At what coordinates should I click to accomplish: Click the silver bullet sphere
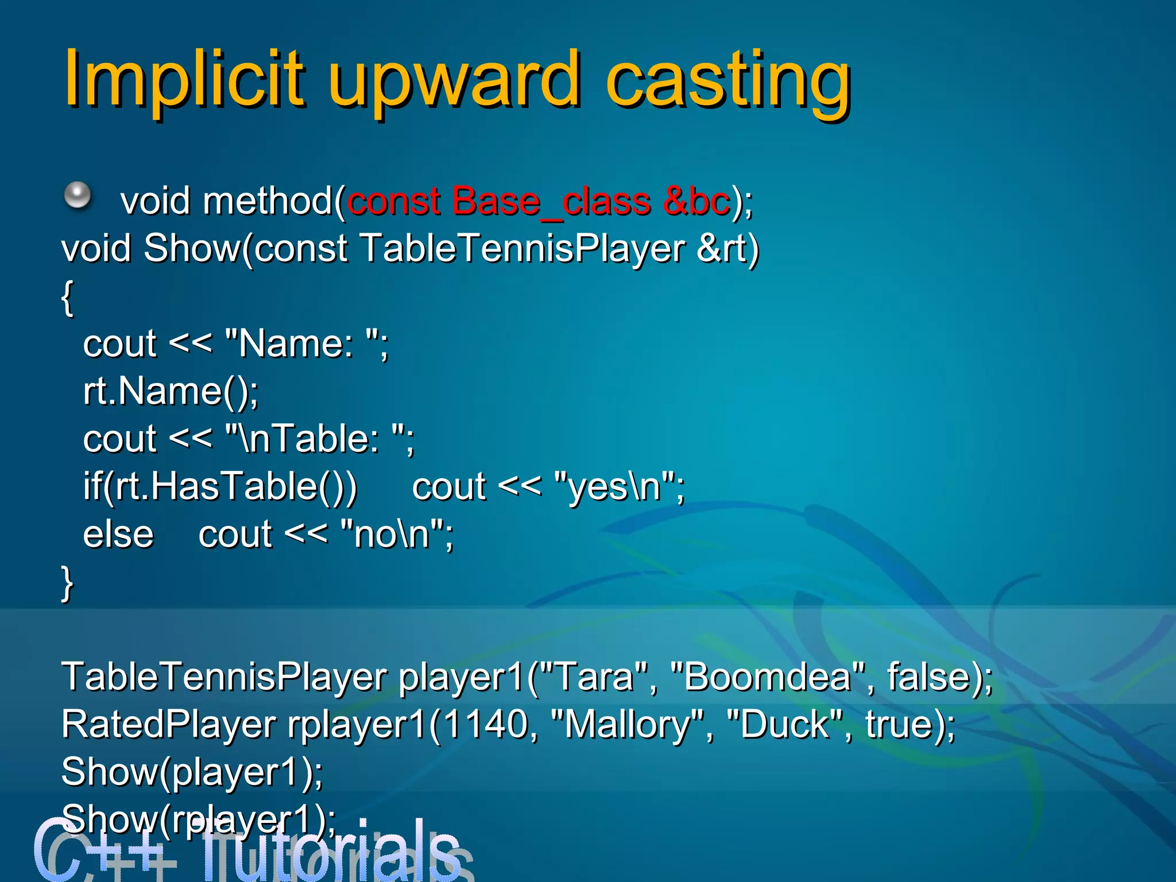[78, 196]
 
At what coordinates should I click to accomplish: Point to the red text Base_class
[497, 202]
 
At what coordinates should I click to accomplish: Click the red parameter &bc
[696, 202]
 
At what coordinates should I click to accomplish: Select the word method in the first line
[268, 202]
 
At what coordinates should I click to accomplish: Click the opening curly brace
[67, 297]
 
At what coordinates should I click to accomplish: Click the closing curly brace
[67, 582]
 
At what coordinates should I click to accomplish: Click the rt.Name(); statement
[171, 392]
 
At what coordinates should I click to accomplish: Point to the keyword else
[118, 535]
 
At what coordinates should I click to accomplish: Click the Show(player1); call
[192, 772]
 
